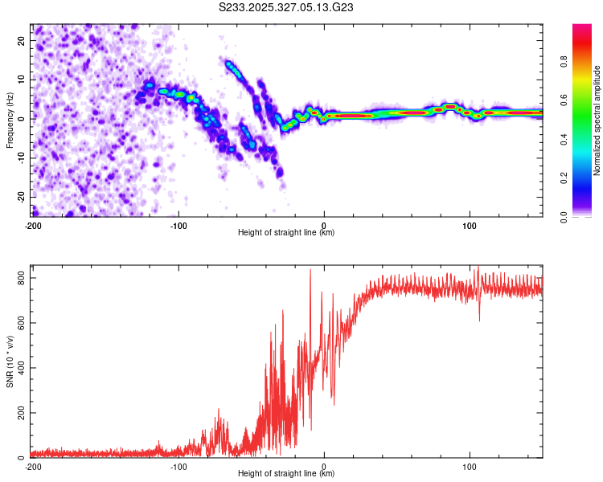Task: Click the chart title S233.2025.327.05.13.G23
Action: pos(287,8)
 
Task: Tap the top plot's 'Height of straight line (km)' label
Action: pos(286,232)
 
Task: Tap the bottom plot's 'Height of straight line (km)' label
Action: pos(286,473)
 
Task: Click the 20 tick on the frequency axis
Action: pos(23,39)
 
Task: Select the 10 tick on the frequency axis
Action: pos(23,79)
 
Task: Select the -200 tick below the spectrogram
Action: pos(33,224)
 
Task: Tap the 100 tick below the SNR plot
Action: pos(470,466)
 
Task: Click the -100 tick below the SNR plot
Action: pos(178,466)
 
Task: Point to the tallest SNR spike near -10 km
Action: pos(310,271)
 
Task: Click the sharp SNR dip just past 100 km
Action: pos(479,320)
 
